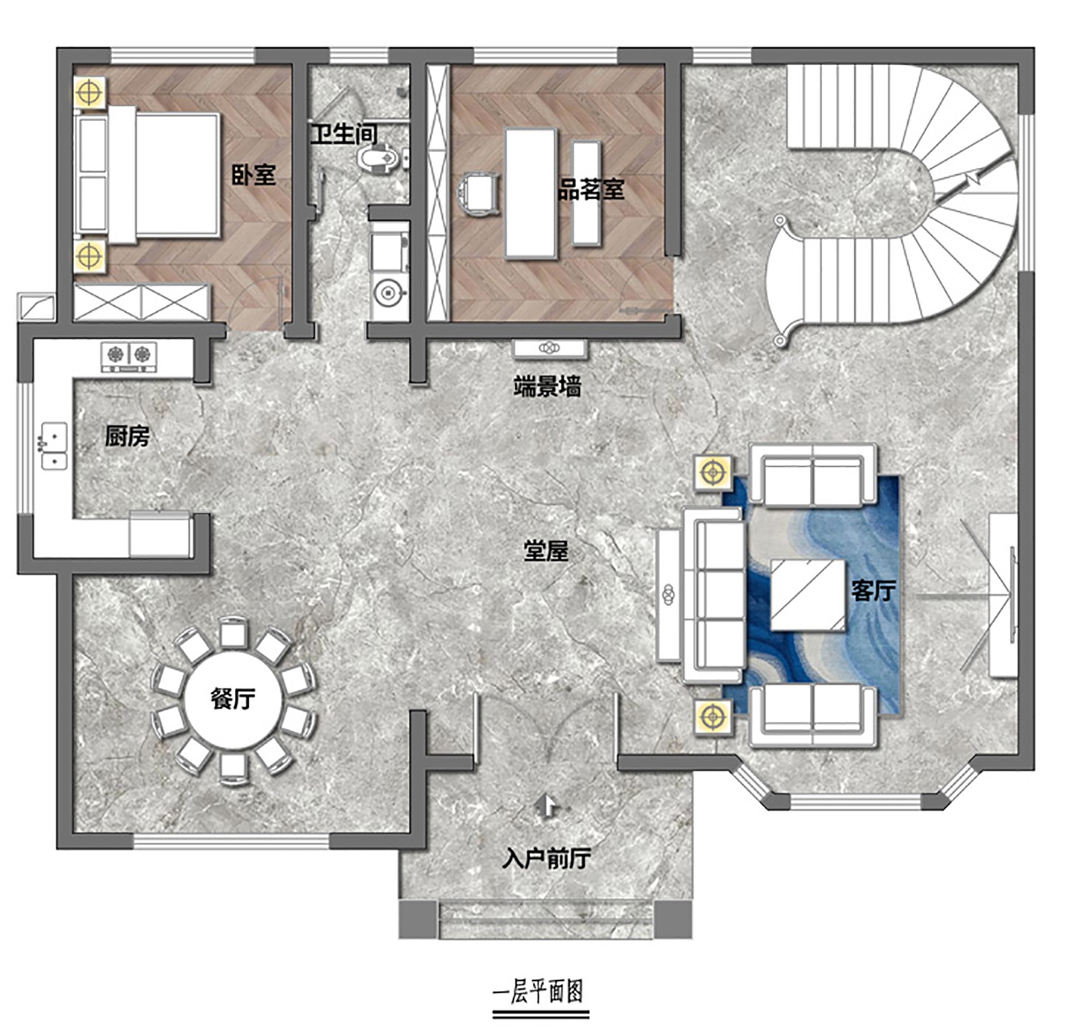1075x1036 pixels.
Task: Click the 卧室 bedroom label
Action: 254,175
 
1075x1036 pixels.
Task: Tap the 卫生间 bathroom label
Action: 343,133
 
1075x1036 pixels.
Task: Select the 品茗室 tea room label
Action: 591,189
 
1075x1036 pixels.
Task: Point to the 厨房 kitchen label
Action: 127,436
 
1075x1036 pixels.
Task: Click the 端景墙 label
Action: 548,387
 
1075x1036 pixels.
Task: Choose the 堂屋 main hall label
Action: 545,551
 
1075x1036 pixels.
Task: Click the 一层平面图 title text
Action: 539,992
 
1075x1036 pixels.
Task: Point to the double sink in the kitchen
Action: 54,447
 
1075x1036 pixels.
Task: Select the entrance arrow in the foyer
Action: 548,807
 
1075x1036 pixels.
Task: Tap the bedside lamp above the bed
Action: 90,92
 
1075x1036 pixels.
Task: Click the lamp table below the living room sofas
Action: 713,716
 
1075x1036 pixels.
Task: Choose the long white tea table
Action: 531,193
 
